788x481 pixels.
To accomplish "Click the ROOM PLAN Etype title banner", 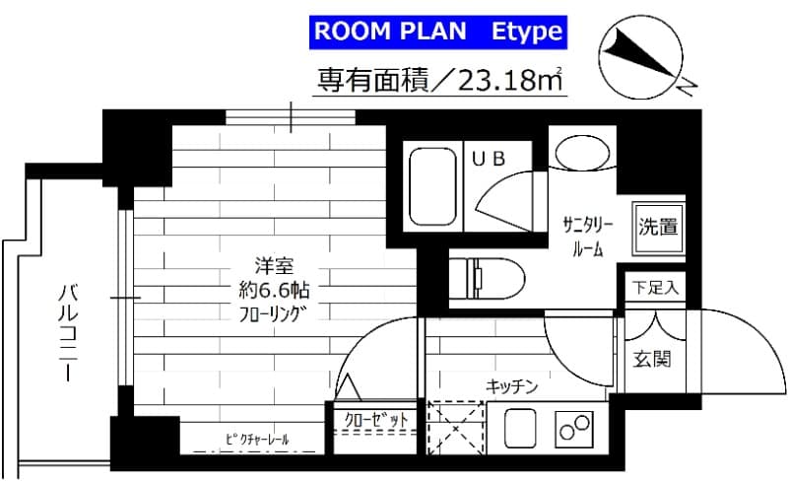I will tap(437, 32).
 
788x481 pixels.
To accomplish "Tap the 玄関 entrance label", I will tap(654, 359).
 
